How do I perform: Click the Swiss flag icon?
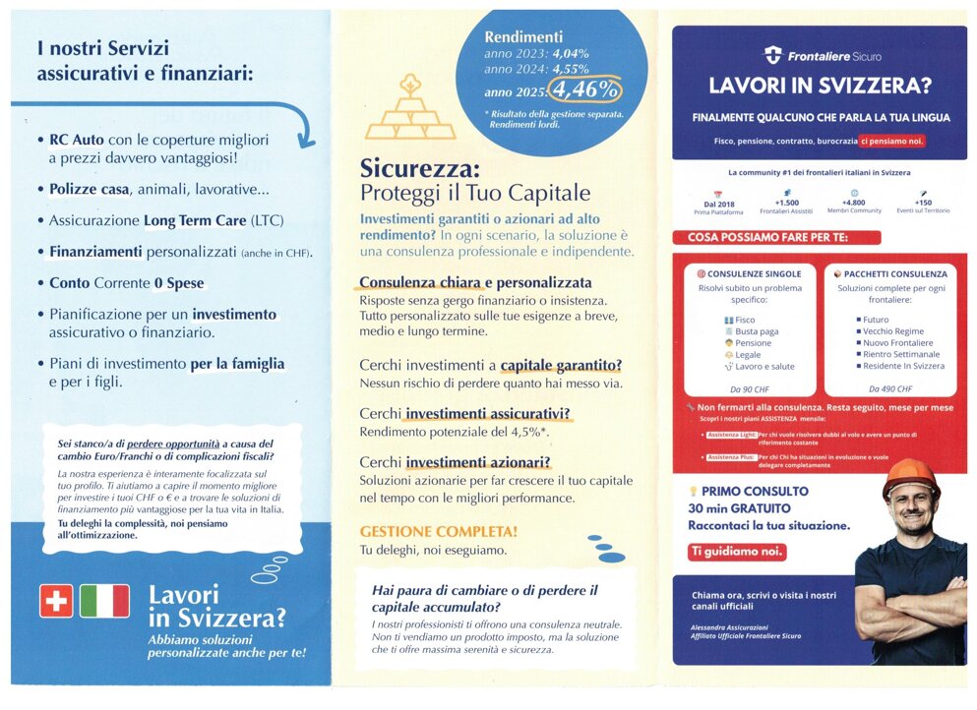tap(56, 601)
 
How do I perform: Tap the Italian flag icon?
tap(104, 601)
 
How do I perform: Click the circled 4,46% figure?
tap(586, 90)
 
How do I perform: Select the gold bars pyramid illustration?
tap(410, 111)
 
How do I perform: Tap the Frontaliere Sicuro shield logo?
tap(772, 55)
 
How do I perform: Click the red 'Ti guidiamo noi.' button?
tap(737, 552)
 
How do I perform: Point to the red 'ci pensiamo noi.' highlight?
tap(891, 141)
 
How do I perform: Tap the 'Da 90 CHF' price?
tap(750, 389)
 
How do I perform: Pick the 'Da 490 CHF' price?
tap(889, 389)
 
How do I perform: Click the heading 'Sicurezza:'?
tap(419, 168)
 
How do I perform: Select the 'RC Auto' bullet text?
tap(76, 140)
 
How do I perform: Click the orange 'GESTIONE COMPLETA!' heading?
tap(438, 531)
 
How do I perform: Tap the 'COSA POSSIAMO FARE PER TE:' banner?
tap(776, 237)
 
